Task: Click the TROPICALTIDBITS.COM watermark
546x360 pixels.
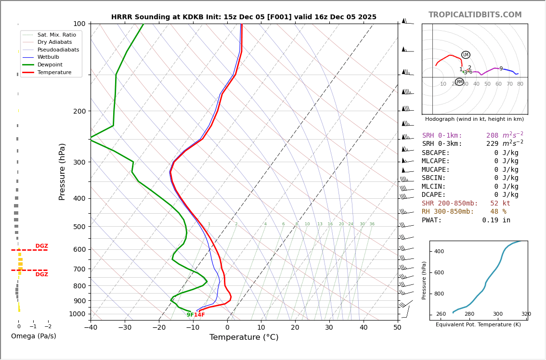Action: click(x=475, y=15)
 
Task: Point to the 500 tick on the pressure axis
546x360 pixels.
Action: click(x=79, y=227)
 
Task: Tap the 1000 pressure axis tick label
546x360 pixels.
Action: click(x=77, y=314)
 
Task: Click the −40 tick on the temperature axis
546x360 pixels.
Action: click(x=91, y=328)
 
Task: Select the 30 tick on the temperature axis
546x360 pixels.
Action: click(x=329, y=328)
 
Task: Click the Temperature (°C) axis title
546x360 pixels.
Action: click(x=244, y=337)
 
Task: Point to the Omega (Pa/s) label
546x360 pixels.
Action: click(x=33, y=336)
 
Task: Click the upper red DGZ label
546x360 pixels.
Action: click(x=41, y=246)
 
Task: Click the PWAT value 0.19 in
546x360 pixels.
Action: click(x=496, y=220)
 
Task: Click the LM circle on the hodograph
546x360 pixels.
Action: click(x=466, y=55)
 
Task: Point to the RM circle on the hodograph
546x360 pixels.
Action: click(x=459, y=82)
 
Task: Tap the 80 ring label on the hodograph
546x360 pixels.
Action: click(x=520, y=84)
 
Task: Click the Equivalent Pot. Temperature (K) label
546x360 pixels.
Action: click(x=478, y=324)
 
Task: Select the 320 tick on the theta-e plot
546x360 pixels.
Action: click(x=526, y=314)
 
